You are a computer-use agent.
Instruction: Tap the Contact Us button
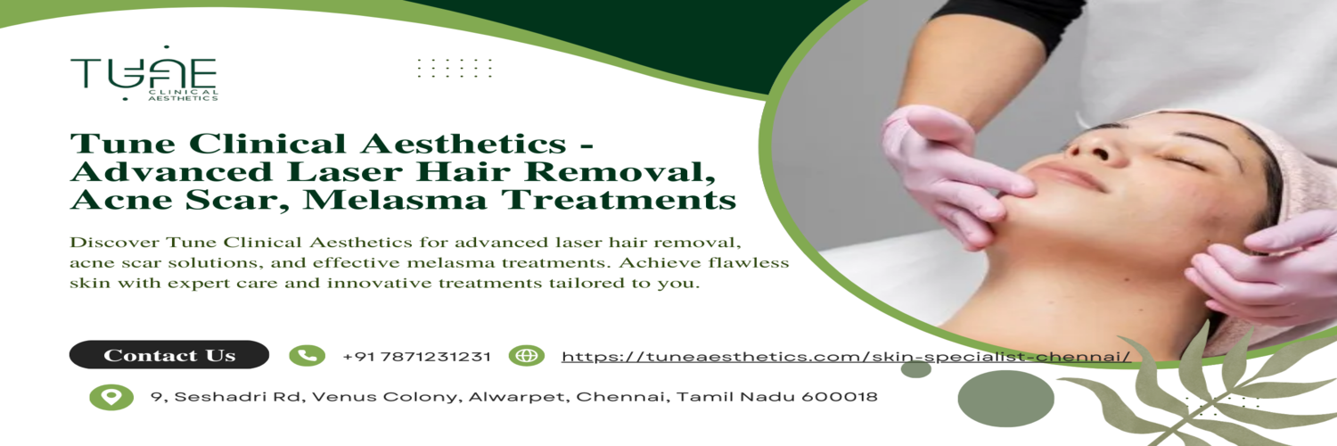pyautogui.click(x=169, y=355)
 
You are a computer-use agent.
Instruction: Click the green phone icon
pyautogui.click(x=307, y=356)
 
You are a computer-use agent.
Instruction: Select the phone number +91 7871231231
pyautogui.click(x=416, y=357)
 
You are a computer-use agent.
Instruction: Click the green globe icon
pyautogui.click(x=527, y=356)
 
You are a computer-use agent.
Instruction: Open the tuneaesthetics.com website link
pyautogui.click(x=847, y=357)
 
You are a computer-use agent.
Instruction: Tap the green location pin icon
pyautogui.click(x=111, y=397)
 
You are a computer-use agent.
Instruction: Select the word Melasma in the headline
pyautogui.click(x=395, y=200)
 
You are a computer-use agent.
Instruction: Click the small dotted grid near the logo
pyautogui.click(x=455, y=68)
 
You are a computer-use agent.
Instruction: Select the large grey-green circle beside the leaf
pyautogui.click(x=1005, y=398)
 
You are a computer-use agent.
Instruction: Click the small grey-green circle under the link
pyautogui.click(x=915, y=369)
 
